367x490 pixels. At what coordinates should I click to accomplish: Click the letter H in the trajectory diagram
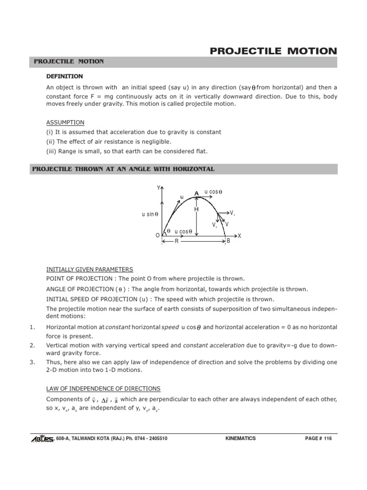[196, 210]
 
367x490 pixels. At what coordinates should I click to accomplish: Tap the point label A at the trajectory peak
[196, 193]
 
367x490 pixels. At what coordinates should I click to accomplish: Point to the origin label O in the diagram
[158, 236]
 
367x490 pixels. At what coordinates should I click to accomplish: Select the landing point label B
[228, 241]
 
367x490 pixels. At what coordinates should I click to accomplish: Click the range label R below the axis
[176, 242]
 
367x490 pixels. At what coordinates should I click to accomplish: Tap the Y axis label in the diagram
[159, 188]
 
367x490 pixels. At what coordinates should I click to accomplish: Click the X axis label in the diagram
[239, 236]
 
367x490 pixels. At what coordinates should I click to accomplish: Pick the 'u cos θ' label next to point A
[213, 192]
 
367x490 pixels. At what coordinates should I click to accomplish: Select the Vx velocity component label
[232, 212]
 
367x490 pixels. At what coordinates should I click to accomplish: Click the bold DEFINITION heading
[65, 76]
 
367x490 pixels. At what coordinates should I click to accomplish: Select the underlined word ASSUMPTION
[65, 122]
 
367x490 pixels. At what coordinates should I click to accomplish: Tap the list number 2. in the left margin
[32, 345]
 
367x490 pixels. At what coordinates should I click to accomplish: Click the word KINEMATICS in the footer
[240, 438]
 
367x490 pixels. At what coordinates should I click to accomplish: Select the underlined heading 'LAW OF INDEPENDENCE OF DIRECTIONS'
[103, 389]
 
